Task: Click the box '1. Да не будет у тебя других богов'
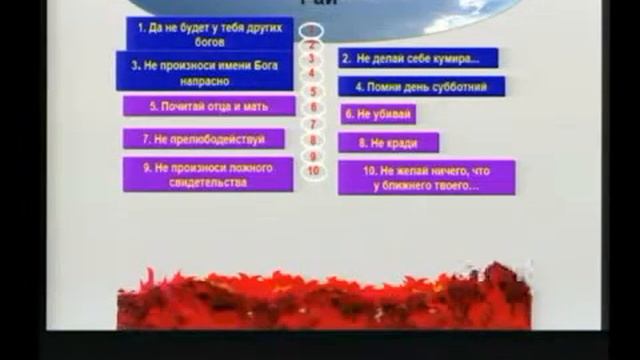(210, 33)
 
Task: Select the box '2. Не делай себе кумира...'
(417, 58)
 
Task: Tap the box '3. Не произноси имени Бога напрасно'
(210, 72)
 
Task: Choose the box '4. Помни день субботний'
(421, 87)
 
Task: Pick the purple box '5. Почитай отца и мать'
(208, 105)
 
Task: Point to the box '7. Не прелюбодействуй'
(204, 139)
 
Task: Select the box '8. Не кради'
(389, 143)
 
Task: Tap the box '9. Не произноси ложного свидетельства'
(208, 174)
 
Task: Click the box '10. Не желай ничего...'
(426, 177)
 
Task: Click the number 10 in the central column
(314, 170)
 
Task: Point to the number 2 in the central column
(312, 45)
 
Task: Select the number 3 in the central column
(312, 59)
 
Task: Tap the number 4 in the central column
(312, 73)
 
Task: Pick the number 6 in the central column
(313, 107)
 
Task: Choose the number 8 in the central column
(313, 141)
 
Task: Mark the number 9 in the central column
(313, 156)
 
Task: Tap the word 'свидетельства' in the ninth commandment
(209, 182)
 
